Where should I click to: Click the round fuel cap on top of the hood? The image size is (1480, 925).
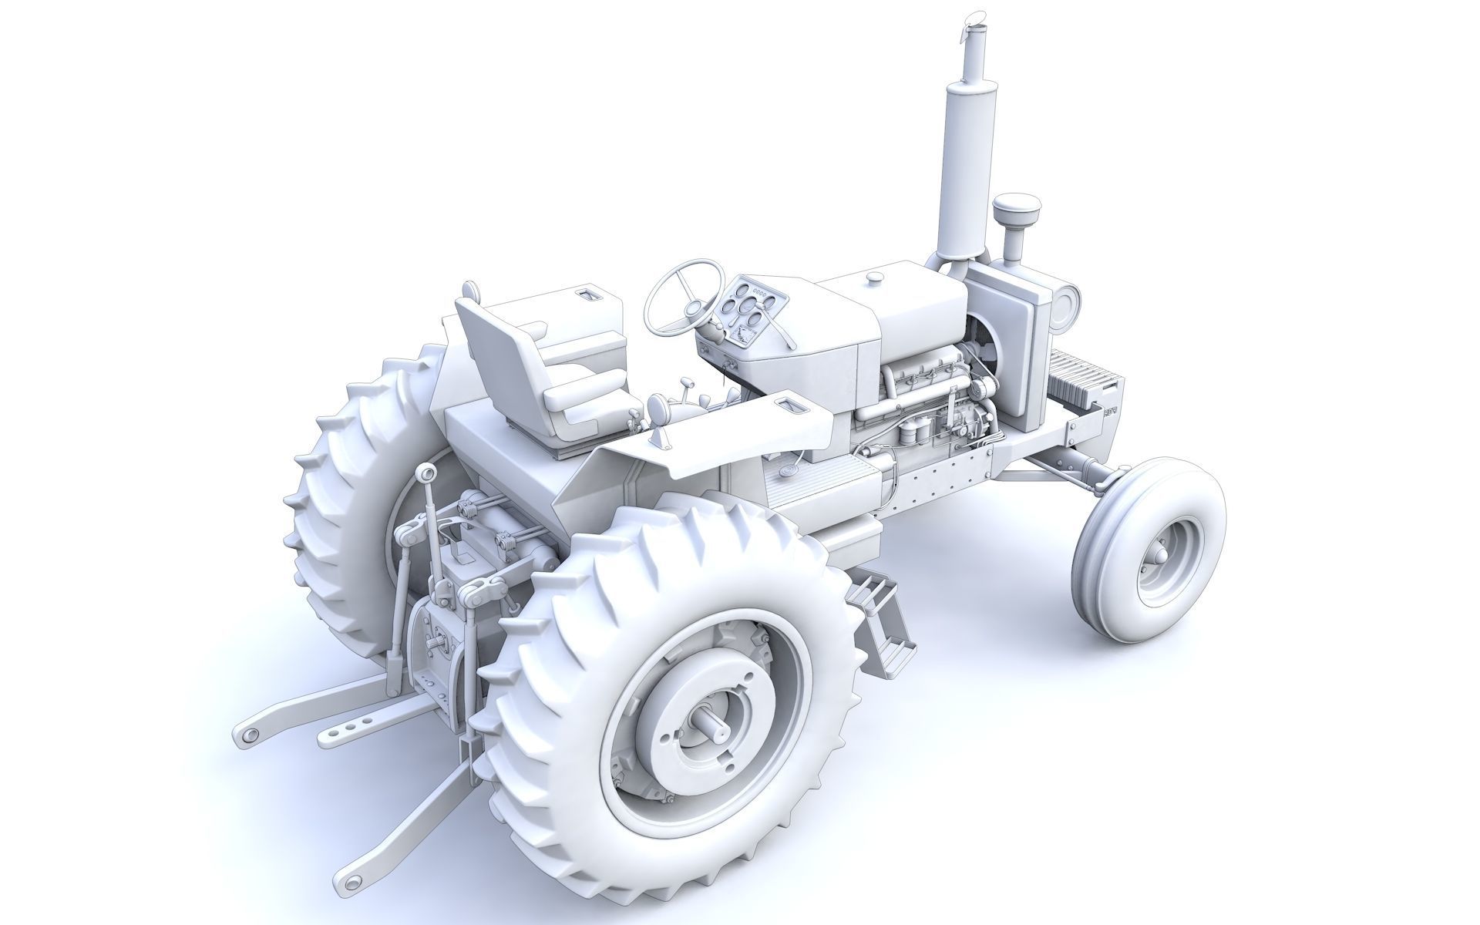coord(876,276)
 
